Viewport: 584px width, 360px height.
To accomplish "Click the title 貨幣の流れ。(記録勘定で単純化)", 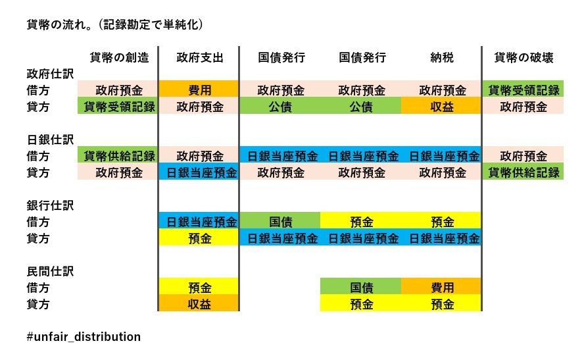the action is coord(114,24).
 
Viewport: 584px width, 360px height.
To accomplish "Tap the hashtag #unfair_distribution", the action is coord(84,336).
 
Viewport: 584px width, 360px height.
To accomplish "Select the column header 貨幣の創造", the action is coord(119,57).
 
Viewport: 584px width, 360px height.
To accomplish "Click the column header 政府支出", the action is coord(200,57).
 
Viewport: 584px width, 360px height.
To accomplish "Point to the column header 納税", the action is coord(442,57).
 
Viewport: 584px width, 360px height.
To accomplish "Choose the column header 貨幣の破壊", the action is coord(523,57).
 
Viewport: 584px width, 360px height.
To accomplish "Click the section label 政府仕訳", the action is coord(50,74).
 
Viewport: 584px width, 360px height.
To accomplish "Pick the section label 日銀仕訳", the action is coord(50,140).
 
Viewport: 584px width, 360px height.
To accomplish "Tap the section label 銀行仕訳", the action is coord(50,205).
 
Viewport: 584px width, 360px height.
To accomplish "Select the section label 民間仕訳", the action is coord(50,271).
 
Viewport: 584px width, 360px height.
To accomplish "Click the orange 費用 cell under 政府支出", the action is coord(199,89).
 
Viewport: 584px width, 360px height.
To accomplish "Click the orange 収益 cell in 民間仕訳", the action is coord(199,303).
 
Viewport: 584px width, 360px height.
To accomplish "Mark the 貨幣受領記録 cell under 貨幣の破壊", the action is coord(523,89).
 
